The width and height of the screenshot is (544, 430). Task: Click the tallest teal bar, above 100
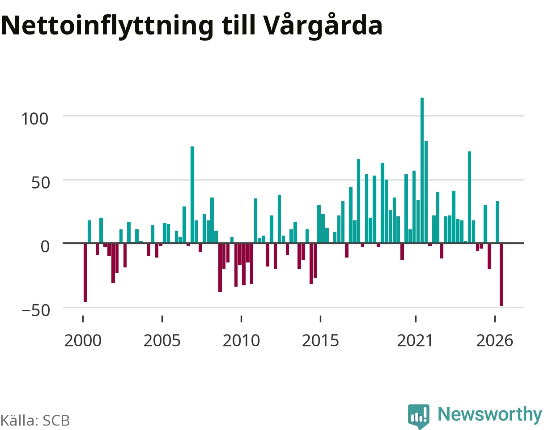pyautogui.click(x=422, y=170)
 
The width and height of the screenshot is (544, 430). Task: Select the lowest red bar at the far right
pyautogui.click(x=501, y=275)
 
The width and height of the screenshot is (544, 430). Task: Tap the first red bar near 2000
pyautogui.click(x=85, y=273)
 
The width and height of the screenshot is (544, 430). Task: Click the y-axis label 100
pyautogui.click(x=34, y=119)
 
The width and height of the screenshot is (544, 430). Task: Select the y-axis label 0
pyautogui.click(x=45, y=246)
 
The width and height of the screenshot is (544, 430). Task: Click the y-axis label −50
pyautogui.click(x=36, y=310)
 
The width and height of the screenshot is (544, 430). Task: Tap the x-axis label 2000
pyautogui.click(x=83, y=341)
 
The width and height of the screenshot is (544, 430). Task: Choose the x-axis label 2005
pyautogui.click(x=162, y=341)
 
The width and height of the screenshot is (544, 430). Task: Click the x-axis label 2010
pyautogui.click(x=242, y=341)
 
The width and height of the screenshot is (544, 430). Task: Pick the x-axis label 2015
pyautogui.click(x=320, y=341)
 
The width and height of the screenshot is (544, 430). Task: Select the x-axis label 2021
pyautogui.click(x=415, y=341)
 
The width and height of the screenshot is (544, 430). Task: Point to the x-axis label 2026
pyautogui.click(x=495, y=341)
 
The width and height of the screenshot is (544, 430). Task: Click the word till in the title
pyautogui.click(x=238, y=25)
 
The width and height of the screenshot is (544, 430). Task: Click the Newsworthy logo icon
pyautogui.click(x=419, y=416)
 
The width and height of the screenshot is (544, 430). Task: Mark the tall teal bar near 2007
pyautogui.click(x=192, y=195)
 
